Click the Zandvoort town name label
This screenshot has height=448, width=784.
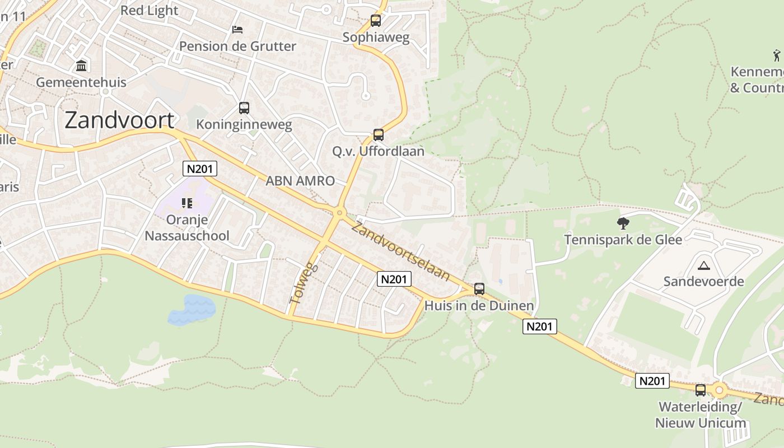coord(119,120)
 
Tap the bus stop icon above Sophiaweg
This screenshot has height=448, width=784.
coord(376,21)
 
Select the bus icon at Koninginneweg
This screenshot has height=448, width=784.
coord(244,108)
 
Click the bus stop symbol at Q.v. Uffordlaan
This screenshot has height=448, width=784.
coord(379,135)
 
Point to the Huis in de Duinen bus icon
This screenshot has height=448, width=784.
coord(479,289)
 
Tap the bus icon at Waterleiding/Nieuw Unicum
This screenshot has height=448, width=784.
coord(701,390)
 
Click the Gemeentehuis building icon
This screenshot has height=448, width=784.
coord(81,66)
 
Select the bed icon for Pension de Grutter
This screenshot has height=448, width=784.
coord(237,29)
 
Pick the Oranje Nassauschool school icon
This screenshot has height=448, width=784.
coord(186,203)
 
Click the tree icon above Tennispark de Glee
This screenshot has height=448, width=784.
coord(623,223)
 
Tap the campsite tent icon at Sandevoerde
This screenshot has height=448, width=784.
coord(704,265)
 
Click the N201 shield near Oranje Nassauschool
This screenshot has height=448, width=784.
coord(200,169)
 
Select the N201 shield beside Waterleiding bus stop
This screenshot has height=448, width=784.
coord(653,381)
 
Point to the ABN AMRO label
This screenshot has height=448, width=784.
coord(300,181)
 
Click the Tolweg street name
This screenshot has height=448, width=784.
coord(303,283)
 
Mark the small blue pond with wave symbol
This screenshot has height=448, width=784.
coord(192,309)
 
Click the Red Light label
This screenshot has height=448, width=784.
coord(150,11)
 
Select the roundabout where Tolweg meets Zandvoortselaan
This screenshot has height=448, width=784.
coord(339,213)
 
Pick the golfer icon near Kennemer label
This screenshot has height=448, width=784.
coord(777,55)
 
